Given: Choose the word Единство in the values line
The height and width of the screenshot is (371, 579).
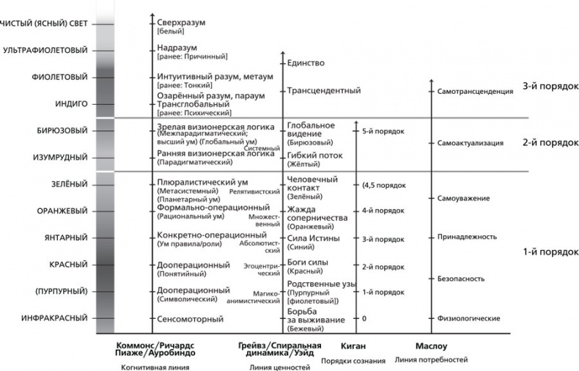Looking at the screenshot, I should (306, 64).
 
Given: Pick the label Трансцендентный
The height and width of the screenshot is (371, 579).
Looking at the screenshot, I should (323, 91).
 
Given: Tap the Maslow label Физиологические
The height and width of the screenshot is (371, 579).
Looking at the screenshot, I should (469, 318).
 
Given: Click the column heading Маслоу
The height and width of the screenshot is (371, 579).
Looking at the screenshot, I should (431, 345).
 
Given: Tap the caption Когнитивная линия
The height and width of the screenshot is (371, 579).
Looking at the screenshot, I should (155, 367).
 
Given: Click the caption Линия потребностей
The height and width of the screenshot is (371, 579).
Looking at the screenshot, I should (431, 360).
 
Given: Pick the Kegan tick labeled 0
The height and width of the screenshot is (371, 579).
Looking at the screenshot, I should (364, 319).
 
